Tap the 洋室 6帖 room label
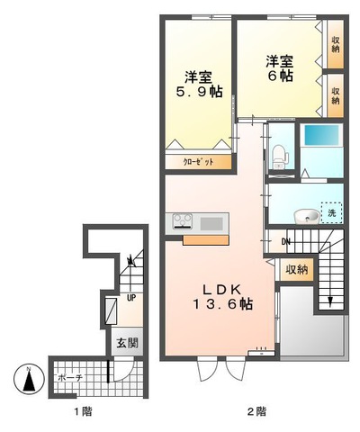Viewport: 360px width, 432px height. (279, 68)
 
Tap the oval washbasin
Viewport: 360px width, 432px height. (305, 215)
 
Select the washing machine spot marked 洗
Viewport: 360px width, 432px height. (331, 213)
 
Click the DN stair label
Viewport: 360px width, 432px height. (284, 241)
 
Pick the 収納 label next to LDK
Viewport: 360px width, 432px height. (296, 269)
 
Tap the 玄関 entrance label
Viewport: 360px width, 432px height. (125, 343)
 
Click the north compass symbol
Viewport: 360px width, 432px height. (31, 381)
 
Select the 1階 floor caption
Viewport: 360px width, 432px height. (82, 412)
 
